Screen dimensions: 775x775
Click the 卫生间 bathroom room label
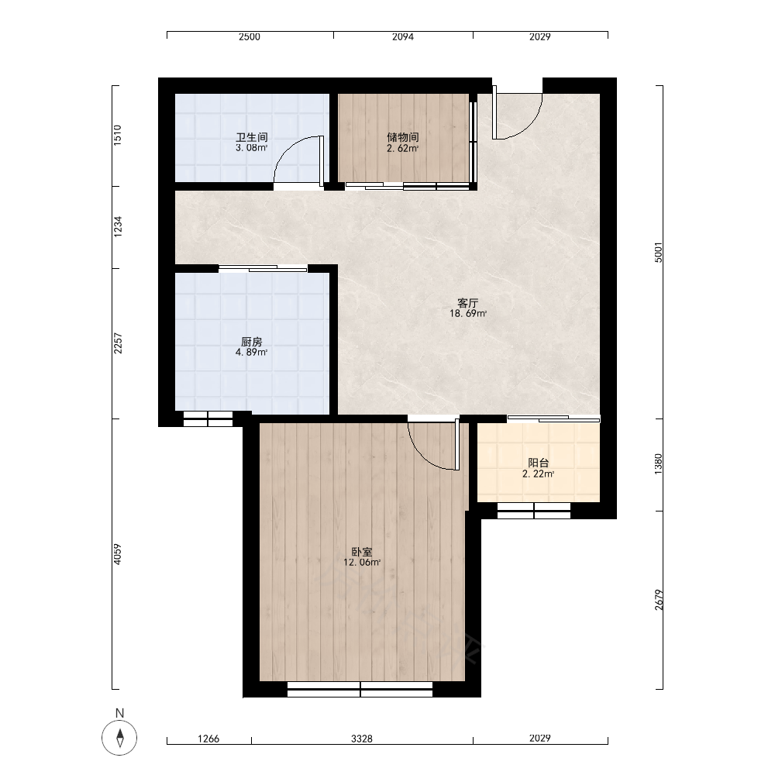point(252,137)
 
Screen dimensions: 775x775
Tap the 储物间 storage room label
point(403,137)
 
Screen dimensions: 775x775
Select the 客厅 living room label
point(467,302)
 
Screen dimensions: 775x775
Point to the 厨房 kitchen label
point(252,342)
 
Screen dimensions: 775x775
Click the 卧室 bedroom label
point(362,552)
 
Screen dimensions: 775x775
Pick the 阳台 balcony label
point(539,463)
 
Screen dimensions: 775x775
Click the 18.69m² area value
point(467,313)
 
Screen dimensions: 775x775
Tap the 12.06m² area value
point(362,563)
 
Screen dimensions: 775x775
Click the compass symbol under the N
point(119,738)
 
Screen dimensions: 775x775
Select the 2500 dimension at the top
point(249,37)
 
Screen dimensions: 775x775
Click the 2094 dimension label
point(403,37)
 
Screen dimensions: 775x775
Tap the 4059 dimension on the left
point(117,555)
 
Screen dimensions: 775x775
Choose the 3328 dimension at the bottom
point(362,739)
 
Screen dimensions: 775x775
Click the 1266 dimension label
point(208,739)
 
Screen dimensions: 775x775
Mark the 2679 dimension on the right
point(658,600)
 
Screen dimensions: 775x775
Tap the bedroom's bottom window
point(360,689)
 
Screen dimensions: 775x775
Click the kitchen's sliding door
point(263,268)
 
